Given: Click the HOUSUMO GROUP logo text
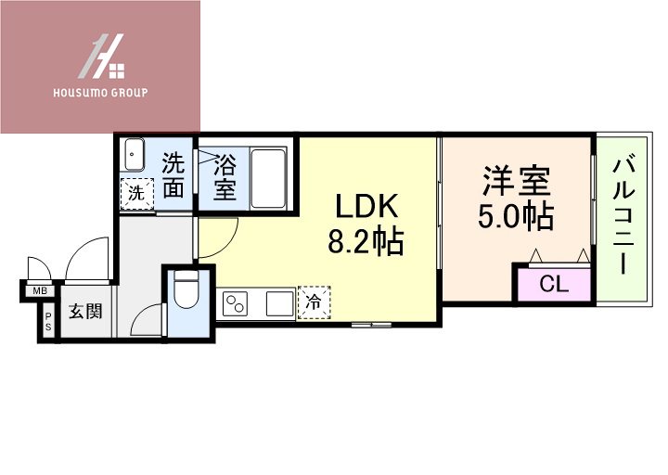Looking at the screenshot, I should (100, 93).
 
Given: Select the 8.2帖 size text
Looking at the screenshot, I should (365, 242).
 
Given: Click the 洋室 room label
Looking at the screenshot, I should (516, 179).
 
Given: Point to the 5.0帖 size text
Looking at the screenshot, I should (516, 215).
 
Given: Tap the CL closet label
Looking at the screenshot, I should (553, 284).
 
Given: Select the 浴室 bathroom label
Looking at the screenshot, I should (225, 178).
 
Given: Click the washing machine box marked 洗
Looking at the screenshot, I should (135, 195).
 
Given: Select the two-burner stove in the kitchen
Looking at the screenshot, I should (235, 303).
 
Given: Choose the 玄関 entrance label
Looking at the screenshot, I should (85, 312).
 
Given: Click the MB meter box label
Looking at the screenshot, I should (40, 291).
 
